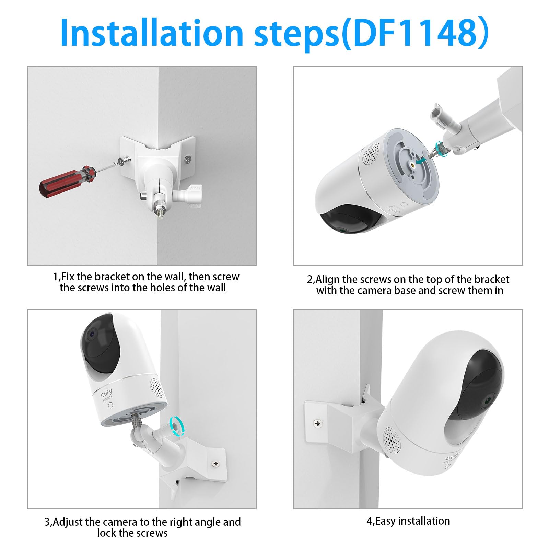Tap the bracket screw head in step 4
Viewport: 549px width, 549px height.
318,424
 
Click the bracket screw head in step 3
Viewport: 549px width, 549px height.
215,464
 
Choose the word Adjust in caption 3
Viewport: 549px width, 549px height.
68,522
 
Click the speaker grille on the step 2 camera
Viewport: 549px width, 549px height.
370,153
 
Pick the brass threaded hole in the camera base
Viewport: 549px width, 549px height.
413,164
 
